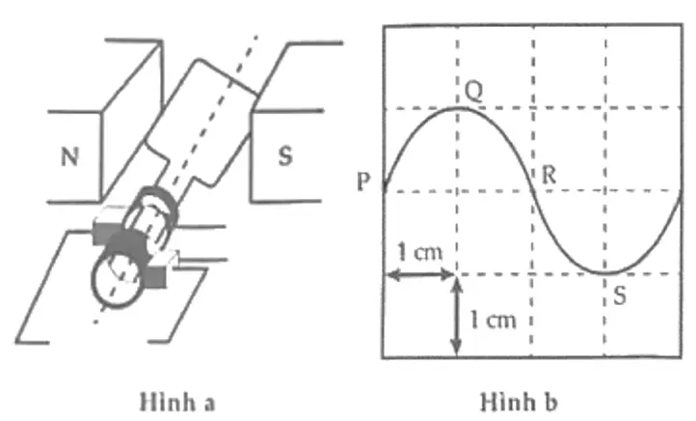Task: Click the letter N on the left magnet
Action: coord(70,157)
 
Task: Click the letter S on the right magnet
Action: coord(285,156)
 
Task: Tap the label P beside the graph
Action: coord(363,182)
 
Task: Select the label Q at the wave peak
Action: coord(474,92)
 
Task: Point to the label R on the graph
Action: coord(549,175)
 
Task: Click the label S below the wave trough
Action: coord(620,295)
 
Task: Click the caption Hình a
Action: coord(177,402)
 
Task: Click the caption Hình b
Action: coord(519,402)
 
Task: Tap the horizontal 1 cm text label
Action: coord(420,252)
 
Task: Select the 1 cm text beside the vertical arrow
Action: coord(494,320)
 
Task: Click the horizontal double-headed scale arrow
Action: coord(421,275)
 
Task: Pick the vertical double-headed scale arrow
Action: coord(456,317)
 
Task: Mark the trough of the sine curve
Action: coord(605,272)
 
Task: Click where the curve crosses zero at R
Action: coord(533,191)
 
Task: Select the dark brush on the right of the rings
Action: coord(156,276)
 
